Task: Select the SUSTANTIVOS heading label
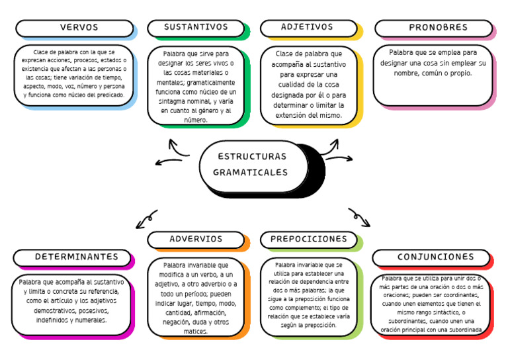tap(196, 28)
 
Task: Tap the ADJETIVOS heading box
tap(308, 28)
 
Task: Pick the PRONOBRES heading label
tap(433, 28)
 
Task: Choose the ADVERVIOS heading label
tap(196, 239)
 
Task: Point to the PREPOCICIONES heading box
tap(308, 239)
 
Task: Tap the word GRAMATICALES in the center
tap(251, 173)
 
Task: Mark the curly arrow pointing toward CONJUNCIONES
tap(359, 216)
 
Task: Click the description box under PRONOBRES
tap(433, 73)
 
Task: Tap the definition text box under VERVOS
tap(73, 73)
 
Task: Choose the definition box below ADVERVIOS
tap(196, 297)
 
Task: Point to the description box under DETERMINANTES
tap(71, 304)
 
